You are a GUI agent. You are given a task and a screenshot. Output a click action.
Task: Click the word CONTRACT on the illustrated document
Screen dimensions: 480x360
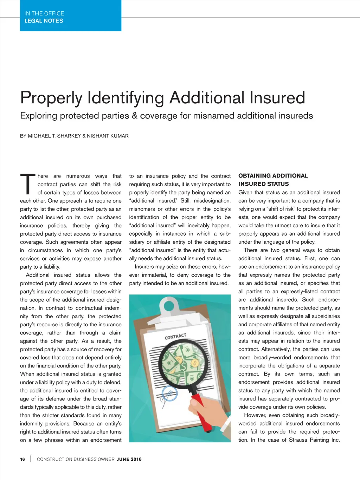pyautogui.click(x=175, y=336)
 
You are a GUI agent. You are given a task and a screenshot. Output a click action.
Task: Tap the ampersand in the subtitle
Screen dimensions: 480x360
pyautogui.click(x=134, y=116)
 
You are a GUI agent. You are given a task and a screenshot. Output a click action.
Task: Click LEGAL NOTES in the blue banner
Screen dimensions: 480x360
pyautogui.click(x=44, y=21)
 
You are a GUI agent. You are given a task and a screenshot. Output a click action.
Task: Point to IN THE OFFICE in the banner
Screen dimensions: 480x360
pyautogui.click(x=44, y=13)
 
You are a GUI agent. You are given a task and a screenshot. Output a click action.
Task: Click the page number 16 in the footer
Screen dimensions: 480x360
pyautogui.click(x=22, y=459)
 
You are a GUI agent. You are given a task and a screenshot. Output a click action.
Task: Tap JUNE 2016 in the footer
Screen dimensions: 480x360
pyautogui.click(x=129, y=459)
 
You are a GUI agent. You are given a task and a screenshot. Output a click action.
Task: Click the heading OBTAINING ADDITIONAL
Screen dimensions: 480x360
pyautogui.click(x=273, y=176)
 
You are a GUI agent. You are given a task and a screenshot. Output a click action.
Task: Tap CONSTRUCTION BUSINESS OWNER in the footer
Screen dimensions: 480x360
pyautogui.click(x=76, y=459)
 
